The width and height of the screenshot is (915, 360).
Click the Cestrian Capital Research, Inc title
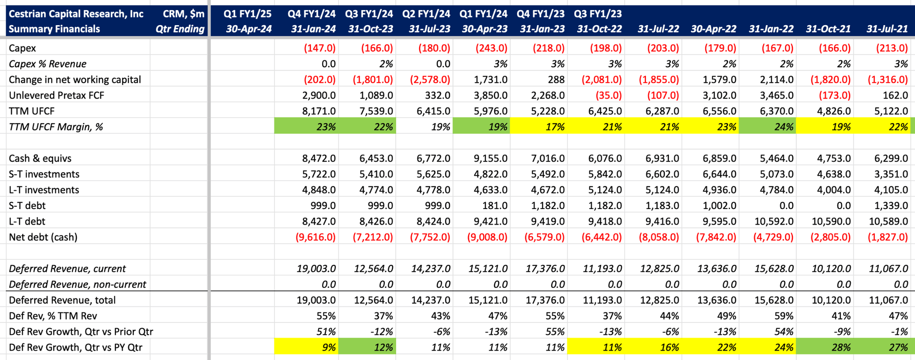click(76, 14)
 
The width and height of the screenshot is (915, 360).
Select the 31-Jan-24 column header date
click(313, 29)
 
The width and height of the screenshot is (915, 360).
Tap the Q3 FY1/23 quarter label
click(598, 14)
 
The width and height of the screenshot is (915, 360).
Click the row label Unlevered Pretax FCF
click(56, 95)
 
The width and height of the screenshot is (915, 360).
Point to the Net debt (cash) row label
click(43, 237)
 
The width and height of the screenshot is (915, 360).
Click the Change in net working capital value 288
click(556, 80)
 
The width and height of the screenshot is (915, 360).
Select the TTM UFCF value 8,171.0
click(319, 111)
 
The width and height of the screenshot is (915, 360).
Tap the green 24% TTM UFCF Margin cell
click(767, 127)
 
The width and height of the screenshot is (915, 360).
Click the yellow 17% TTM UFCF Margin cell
click(538, 127)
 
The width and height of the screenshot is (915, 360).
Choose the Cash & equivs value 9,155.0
click(490, 158)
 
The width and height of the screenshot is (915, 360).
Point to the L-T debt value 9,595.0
click(719, 221)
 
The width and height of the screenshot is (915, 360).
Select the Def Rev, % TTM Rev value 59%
click(784, 316)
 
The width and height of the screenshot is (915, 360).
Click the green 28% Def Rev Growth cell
click(824, 347)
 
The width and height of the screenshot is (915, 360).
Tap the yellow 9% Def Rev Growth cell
click(307, 347)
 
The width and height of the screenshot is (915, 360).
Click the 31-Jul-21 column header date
click(887, 29)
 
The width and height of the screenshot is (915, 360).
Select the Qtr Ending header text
click(180, 29)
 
